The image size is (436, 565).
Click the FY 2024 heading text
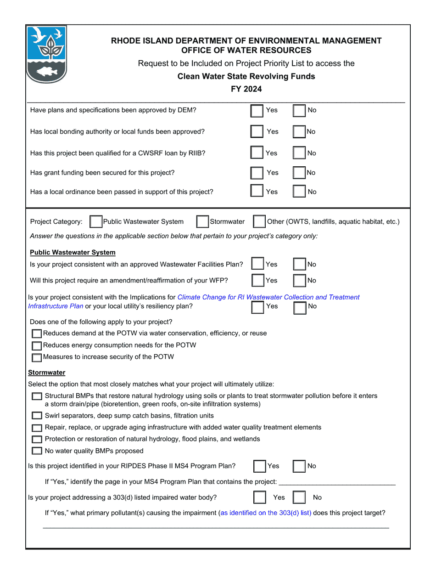[x=246, y=89]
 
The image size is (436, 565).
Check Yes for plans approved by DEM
[x=257, y=111]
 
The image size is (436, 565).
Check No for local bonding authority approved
[x=299, y=132]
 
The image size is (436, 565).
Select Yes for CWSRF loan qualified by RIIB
[x=257, y=153]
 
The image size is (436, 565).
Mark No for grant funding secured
[x=299, y=173]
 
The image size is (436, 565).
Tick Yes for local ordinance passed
[x=257, y=192]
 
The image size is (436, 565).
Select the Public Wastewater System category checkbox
[x=96, y=222]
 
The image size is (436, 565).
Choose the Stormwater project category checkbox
[x=202, y=222]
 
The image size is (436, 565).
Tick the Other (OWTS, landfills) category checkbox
[x=259, y=222]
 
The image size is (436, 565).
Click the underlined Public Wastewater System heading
[x=73, y=253]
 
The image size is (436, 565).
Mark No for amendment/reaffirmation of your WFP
[x=300, y=281]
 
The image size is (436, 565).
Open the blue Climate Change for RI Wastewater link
[x=268, y=297]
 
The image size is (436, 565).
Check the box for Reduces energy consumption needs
[x=37, y=345]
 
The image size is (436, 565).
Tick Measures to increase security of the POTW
[x=37, y=357]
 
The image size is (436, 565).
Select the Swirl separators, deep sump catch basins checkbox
[x=37, y=416]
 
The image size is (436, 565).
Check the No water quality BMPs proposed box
[x=37, y=451]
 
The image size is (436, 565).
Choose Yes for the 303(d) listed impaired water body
[x=260, y=497]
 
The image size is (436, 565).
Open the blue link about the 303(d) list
[x=265, y=513]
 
